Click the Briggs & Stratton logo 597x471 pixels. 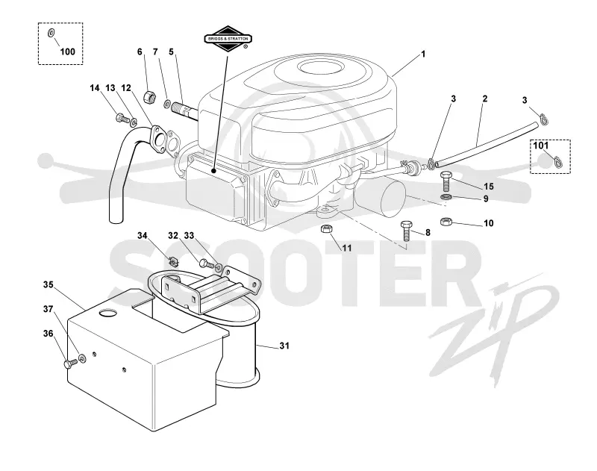click(228, 39)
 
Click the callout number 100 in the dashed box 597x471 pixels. click(67, 52)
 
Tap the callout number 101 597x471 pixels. click(540, 146)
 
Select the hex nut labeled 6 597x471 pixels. click(150, 97)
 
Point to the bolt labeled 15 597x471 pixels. click(446, 182)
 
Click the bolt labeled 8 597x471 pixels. click(406, 231)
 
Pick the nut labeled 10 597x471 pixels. click(446, 221)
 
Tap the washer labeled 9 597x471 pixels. click(446, 197)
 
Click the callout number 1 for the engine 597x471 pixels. click(422, 54)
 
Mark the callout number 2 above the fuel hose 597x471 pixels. click(484, 99)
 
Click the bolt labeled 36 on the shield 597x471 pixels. click(71, 364)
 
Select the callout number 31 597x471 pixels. click(284, 346)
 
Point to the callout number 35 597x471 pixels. click(48, 284)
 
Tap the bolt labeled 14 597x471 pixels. click(122, 118)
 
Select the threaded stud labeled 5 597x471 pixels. click(185, 110)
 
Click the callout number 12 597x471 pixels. click(126, 88)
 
